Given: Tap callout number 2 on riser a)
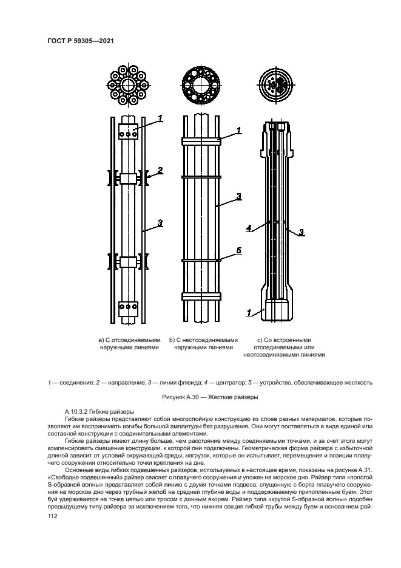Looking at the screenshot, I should click(x=161, y=170).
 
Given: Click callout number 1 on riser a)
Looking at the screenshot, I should click(x=161, y=118).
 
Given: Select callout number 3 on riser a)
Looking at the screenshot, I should click(x=161, y=224).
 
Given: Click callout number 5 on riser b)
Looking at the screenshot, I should click(x=239, y=250).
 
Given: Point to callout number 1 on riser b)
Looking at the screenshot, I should click(x=239, y=130).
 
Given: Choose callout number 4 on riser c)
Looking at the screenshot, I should click(x=249, y=228).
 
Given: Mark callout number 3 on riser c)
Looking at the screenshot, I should click(x=302, y=231).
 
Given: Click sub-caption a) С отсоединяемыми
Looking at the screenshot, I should click(x=129, y=340).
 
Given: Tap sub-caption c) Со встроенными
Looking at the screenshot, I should click(x=284, y=340).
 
